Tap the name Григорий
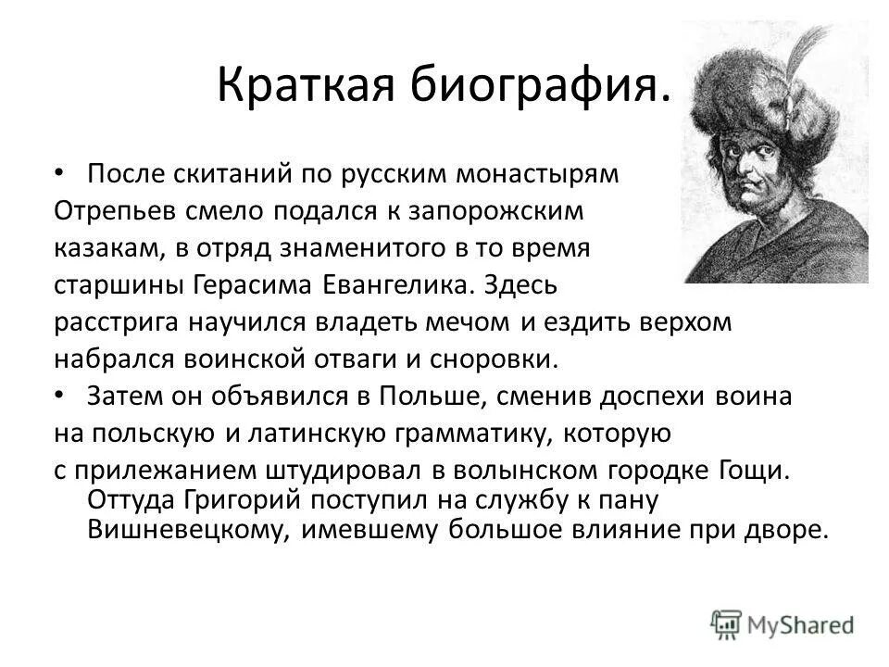click(x=231, y=500)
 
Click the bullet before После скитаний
click(x=60, y=172)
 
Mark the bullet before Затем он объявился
click(x=60, y=395)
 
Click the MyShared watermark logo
click(x=783, y=623)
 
